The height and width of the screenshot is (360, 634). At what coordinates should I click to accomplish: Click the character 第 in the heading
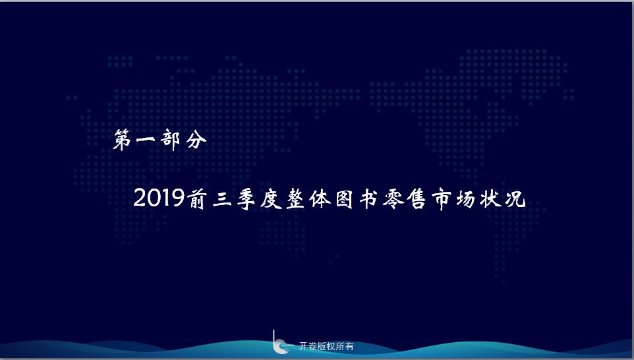point(123,140)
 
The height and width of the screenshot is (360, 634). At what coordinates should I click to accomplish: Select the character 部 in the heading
point(170,140)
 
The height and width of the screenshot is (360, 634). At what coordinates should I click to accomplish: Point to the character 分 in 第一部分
point(196,140)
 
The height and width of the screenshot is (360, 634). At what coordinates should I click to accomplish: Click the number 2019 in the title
point(159,198)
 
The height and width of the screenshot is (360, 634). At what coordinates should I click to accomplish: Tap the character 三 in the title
point(222,199)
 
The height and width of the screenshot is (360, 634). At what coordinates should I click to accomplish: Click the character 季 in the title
point(246,198)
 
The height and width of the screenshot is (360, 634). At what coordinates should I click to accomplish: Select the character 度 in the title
point(271,198)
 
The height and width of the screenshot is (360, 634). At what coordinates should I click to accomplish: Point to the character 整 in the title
point(295,198)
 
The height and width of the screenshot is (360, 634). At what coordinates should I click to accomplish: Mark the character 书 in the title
point(368,198)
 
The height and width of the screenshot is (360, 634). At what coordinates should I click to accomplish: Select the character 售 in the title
point(417,198)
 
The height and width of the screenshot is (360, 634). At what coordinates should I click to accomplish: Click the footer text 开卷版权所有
point(326,346)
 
